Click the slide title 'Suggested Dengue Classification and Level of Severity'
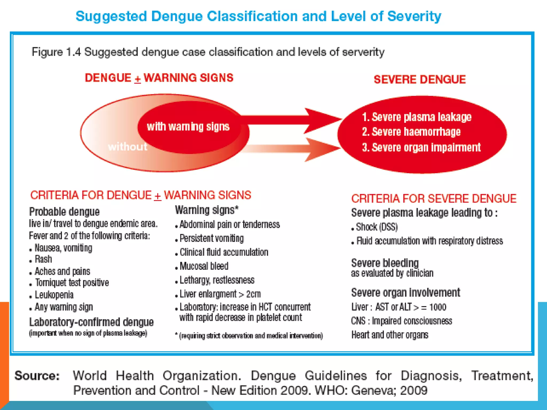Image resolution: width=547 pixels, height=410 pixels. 258,16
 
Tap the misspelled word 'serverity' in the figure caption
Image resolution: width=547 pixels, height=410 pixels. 363,52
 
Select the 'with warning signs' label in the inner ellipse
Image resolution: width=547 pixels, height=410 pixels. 188,127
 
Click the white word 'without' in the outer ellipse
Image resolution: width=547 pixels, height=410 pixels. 128,147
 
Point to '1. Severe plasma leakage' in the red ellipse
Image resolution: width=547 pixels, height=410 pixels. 417,117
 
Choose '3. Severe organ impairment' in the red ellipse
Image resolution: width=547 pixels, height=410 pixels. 421,147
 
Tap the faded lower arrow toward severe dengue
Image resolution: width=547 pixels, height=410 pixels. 294,149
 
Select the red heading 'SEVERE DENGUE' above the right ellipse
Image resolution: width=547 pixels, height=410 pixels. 420,80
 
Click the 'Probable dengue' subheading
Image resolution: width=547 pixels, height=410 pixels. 64,212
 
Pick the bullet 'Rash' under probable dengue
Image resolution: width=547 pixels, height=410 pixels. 43,259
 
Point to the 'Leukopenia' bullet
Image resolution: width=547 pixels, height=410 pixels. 54,295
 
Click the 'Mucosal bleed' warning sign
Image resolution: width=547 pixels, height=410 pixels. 204,266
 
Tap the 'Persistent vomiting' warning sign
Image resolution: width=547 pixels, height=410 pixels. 212,238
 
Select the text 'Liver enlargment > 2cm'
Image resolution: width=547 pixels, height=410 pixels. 220,294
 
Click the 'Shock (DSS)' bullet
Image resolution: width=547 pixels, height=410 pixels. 377,227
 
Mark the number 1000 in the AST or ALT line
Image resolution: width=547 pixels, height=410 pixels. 437,307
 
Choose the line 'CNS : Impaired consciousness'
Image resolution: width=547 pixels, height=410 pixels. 401,321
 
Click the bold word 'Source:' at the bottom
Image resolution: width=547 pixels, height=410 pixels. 37,376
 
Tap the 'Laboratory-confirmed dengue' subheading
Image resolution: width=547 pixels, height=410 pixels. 91,322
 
